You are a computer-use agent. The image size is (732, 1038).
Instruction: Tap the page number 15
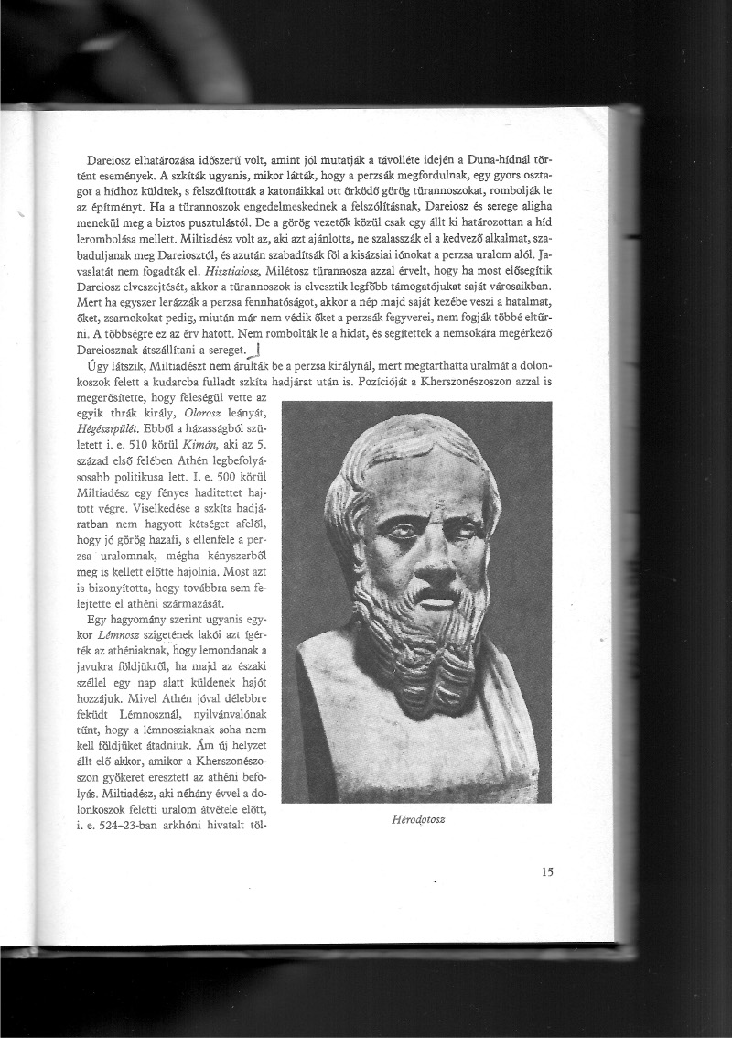pyautogui.click(x=547, y=872)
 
